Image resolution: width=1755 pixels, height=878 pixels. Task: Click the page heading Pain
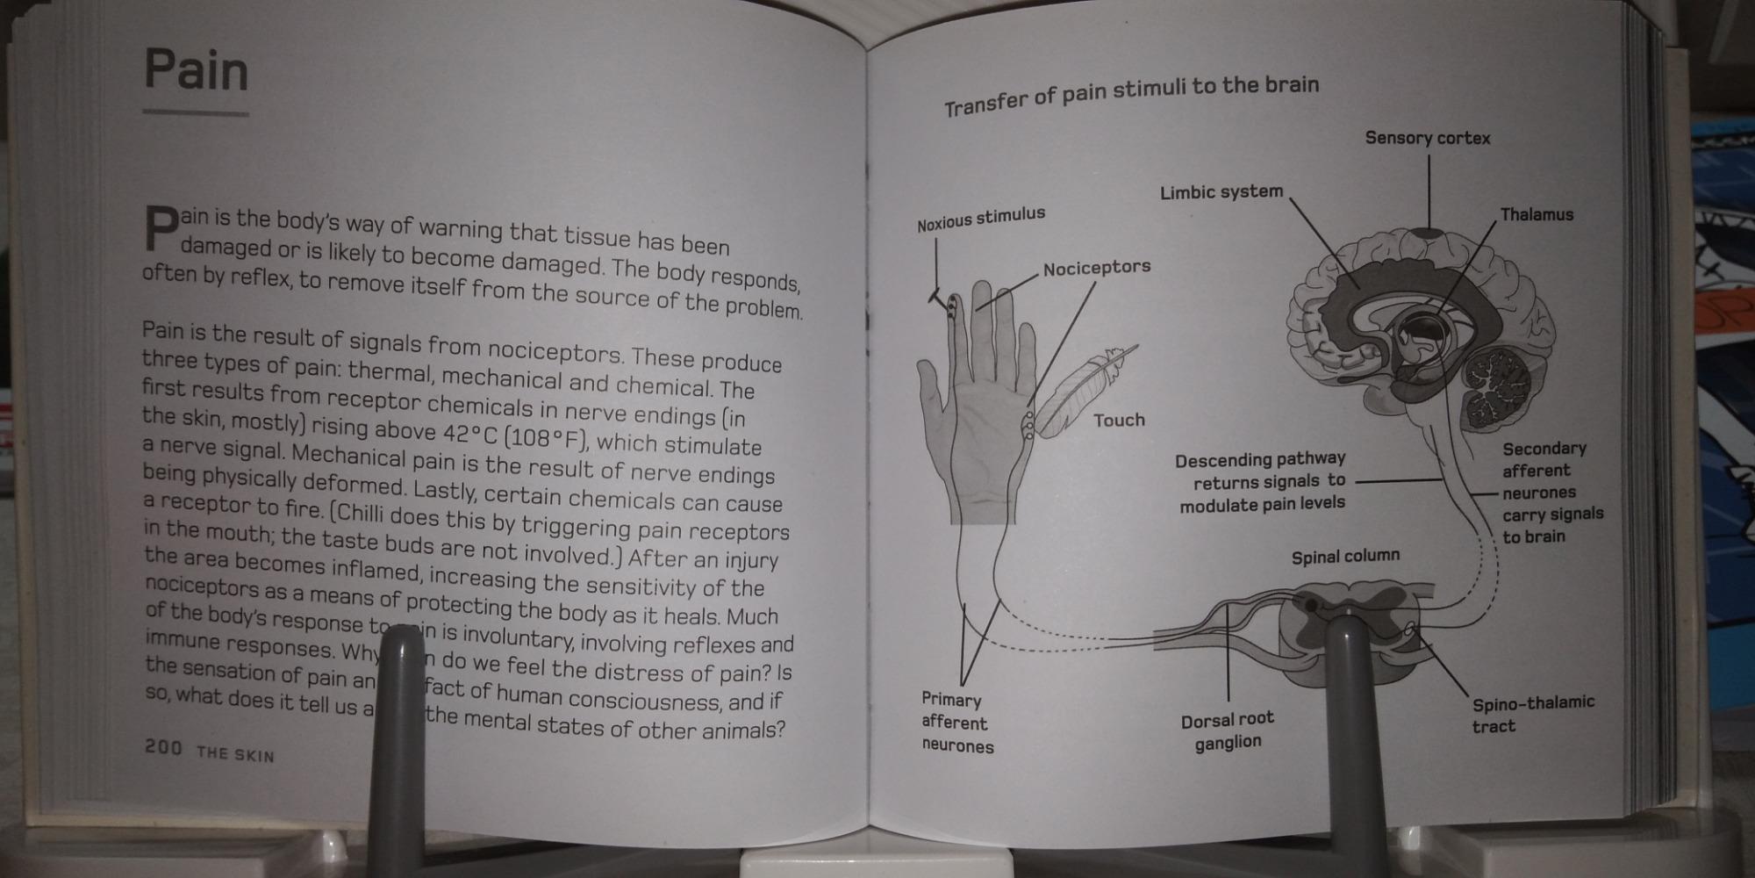(x=196, y=70)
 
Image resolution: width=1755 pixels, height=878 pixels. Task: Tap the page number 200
(x=163, y=748)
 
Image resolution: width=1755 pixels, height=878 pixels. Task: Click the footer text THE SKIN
(x=235, y=754)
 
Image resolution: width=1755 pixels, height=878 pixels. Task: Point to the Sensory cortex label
(x=1428, y=138)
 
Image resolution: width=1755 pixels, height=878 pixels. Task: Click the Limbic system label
(x=1221, y=192)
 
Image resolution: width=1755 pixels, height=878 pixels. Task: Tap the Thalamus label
(x=1537, y=215)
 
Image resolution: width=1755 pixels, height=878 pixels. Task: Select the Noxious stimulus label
(x=981, y=219)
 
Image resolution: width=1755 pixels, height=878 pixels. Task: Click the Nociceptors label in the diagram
(x=1097, y=268)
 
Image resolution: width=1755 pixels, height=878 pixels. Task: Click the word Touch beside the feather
(x=1119, y=421)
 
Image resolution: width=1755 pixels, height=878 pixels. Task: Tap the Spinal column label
(x=1345, y=557)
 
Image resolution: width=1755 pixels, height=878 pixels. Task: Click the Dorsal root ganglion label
(x=1227, y=730)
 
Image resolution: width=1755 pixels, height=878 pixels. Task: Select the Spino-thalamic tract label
(x=1532, y=714)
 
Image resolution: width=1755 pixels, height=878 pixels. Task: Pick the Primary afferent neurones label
(x=957, y=723)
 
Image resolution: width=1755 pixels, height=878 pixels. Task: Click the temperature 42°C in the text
(x=475, y=434)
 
